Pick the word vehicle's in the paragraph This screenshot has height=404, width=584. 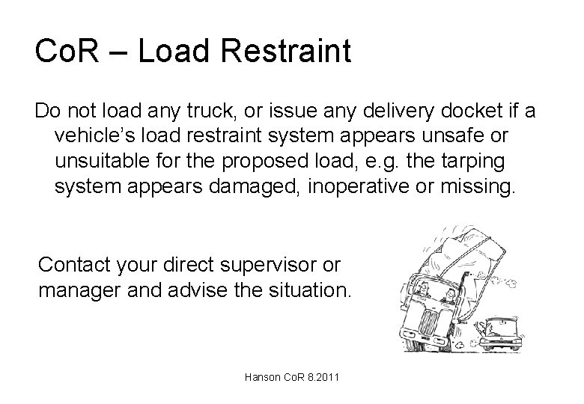tap(95, 137)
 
